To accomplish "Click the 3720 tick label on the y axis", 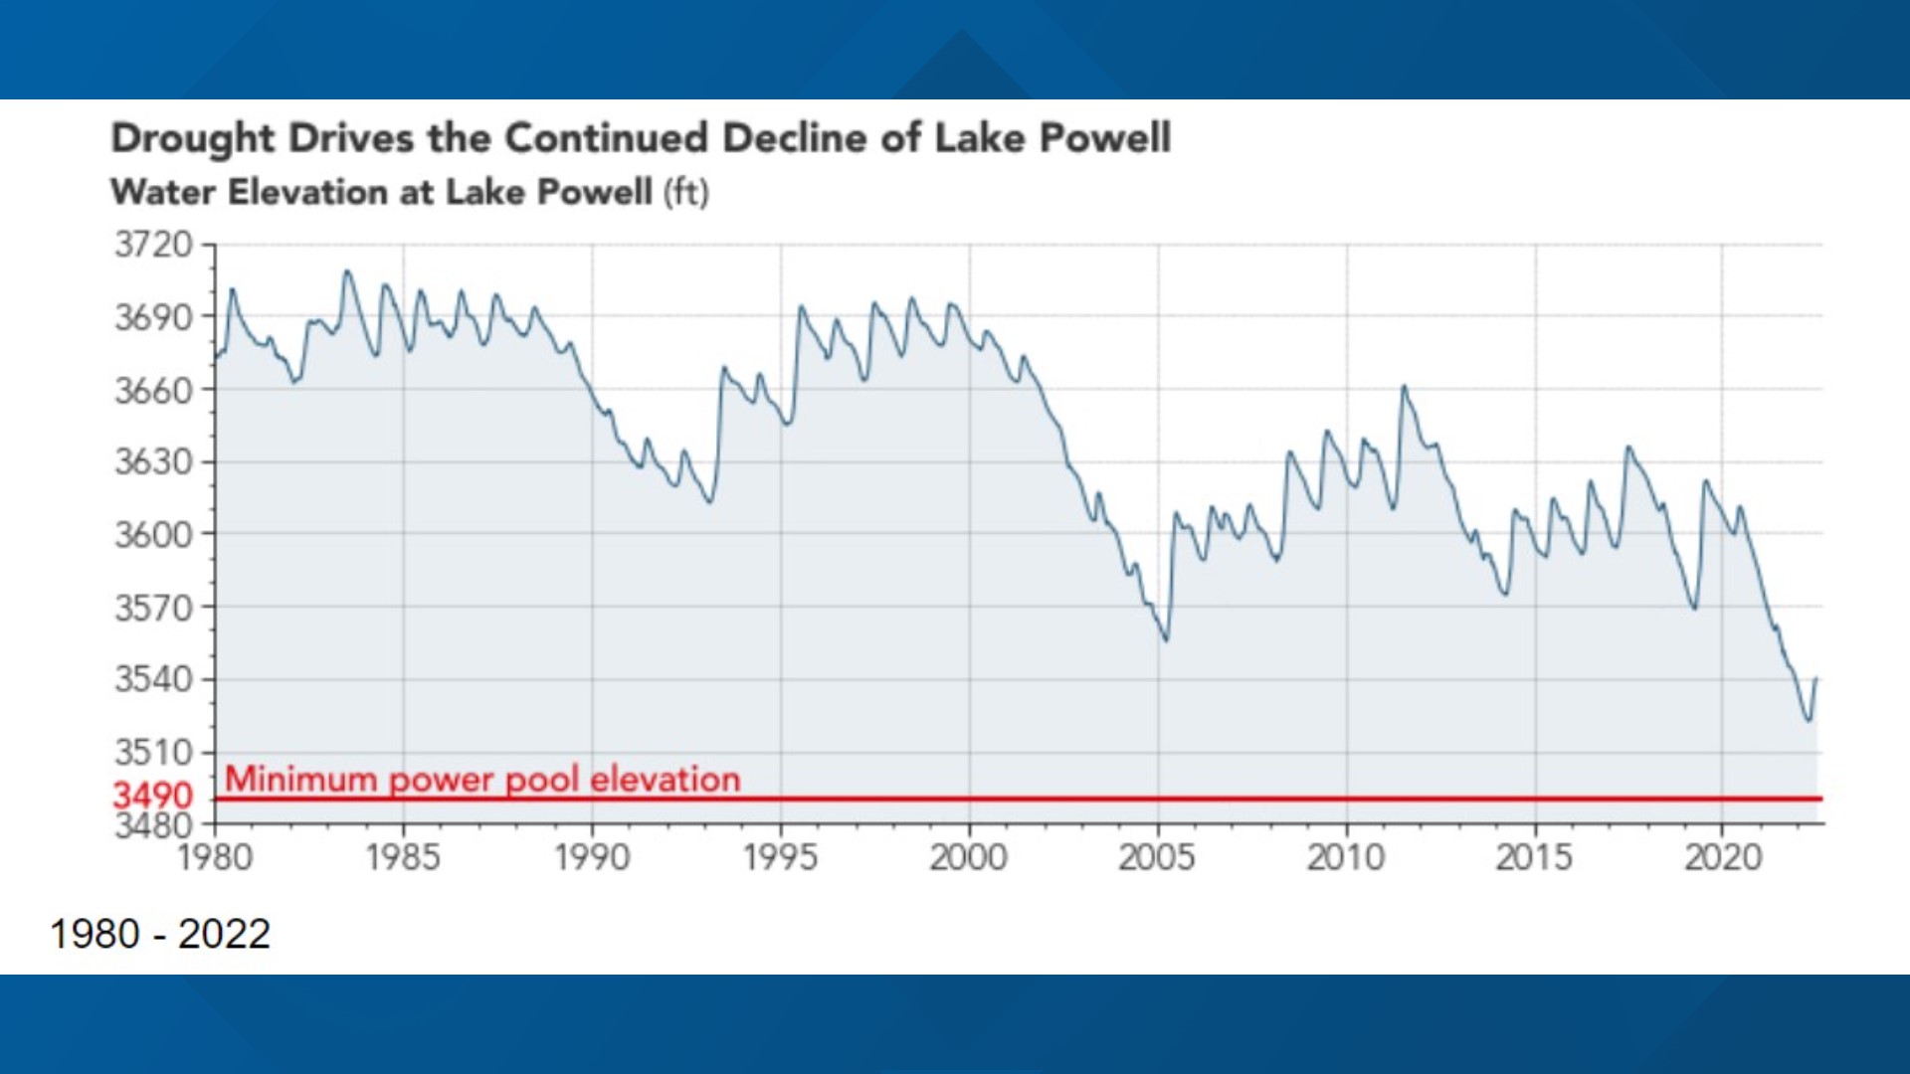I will tap(153, 245).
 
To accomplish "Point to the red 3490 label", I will tap(152, 796).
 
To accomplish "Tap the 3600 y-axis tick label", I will tap(153, 535).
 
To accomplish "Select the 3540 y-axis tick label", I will tap(153, 679).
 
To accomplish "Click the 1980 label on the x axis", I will tap(215, 857).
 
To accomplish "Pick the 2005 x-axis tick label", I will tap(1156, 857).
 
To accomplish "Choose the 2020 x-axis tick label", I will tap(1722, 857).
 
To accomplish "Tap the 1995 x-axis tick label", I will tap(780, 857).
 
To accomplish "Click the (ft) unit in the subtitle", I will tap(686, 192).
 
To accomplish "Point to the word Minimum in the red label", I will tap(300, 779).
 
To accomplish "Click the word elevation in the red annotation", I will tap(665, 779).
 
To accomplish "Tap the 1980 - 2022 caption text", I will tap(160, 934).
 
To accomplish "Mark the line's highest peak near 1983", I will tap(346, 270).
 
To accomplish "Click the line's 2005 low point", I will tap(1166, 639).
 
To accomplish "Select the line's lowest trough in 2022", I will tap(1809, 720).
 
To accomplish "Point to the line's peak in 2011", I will tap(1404, 387).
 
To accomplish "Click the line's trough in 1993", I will tap(709, 501).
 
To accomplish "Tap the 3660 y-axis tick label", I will tap(153, 391).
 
